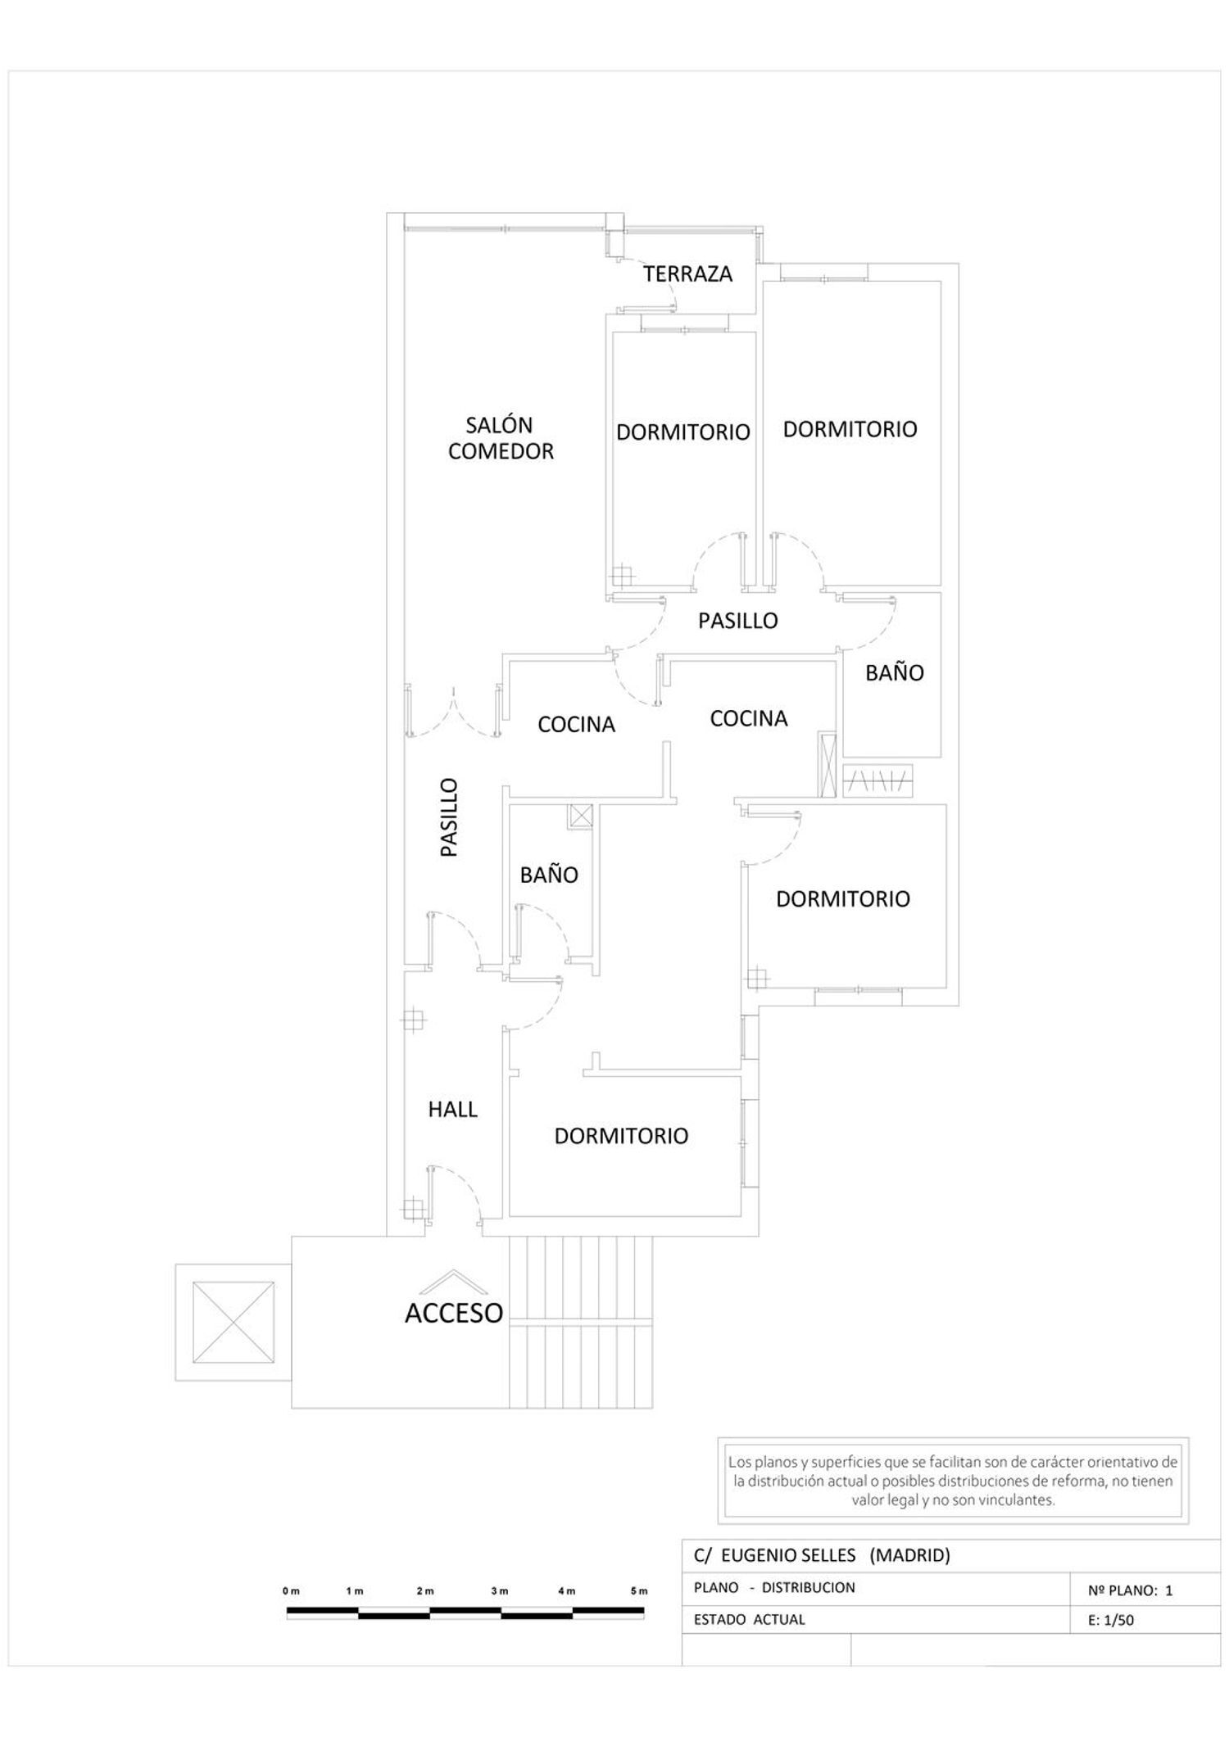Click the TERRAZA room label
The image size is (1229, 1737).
point(687,274)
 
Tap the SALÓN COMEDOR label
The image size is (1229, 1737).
point(501,438)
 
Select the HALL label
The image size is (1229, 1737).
point(452,1109)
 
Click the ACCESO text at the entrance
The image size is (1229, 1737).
point(453,1312)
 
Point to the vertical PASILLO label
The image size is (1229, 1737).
point(449,817)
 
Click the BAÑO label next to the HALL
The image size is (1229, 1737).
point(549,874)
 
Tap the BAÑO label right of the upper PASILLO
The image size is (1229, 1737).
point(895,672)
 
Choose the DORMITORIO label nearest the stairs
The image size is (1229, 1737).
point(621,1136)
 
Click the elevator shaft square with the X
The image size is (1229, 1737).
point(234,1322)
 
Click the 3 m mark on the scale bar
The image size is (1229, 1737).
point(500,1590)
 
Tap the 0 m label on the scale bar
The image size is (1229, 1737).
point(292,1590)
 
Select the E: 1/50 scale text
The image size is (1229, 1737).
point(1111,1619)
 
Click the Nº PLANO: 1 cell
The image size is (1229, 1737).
point(1131,1590)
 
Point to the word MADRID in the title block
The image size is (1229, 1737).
point(909,1554)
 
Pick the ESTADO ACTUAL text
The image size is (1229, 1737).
point(750,1619)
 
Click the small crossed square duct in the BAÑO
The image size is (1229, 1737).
point(581,816)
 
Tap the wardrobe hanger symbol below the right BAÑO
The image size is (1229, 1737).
point(878,781)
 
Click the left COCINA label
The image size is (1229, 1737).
point(576,724)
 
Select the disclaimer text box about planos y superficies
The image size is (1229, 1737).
point(953,1481)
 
